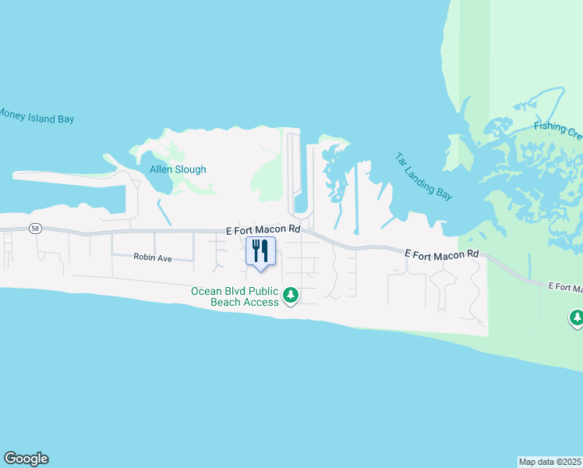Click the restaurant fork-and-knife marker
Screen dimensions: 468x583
point(260,251)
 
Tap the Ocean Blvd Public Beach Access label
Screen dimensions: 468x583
point(235,296)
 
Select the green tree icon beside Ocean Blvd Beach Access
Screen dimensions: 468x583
point(291,294)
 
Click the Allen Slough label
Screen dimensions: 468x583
point(178,169)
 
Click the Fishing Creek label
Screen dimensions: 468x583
point(558,130)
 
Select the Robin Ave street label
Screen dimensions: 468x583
point(152,257)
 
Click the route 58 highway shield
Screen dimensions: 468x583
point(35,229)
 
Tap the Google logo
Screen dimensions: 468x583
point(26,459)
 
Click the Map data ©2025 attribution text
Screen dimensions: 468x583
point(550,462)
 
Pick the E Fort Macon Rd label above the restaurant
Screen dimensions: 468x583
point(263,230)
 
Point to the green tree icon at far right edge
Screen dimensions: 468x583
point(577,317)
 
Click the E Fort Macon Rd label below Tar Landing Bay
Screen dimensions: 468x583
point(441,254)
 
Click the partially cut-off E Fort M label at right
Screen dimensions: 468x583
point(565,288)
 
